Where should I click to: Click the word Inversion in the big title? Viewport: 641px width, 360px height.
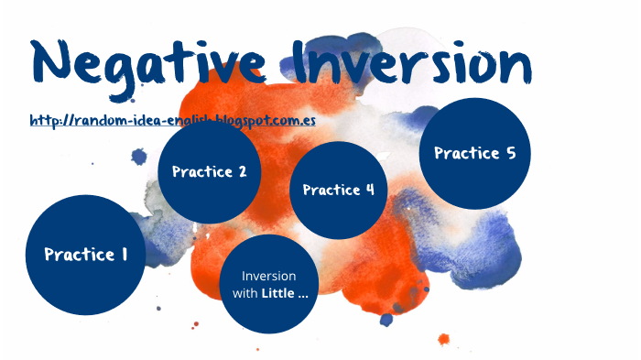point(418,62)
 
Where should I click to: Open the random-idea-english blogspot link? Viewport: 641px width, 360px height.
point(172,121)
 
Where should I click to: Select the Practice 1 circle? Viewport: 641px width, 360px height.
point(86,256)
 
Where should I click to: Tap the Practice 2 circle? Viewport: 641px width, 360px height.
point(209,171)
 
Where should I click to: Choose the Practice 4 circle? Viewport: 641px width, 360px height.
point(338,191)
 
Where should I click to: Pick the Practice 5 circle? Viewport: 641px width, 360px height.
point(474,153)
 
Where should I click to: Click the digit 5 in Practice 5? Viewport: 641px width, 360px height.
point(510,153)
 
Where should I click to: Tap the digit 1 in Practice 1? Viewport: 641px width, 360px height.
point(123,256)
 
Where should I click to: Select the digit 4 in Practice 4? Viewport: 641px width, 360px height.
point(369,191)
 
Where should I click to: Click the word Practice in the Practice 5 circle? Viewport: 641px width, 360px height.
point(465,153)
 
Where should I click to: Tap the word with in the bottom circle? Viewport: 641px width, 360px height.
point(244,293)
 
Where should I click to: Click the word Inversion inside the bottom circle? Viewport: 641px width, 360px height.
point(268,276)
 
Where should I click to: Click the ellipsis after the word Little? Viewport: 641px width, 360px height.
point(301,294)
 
